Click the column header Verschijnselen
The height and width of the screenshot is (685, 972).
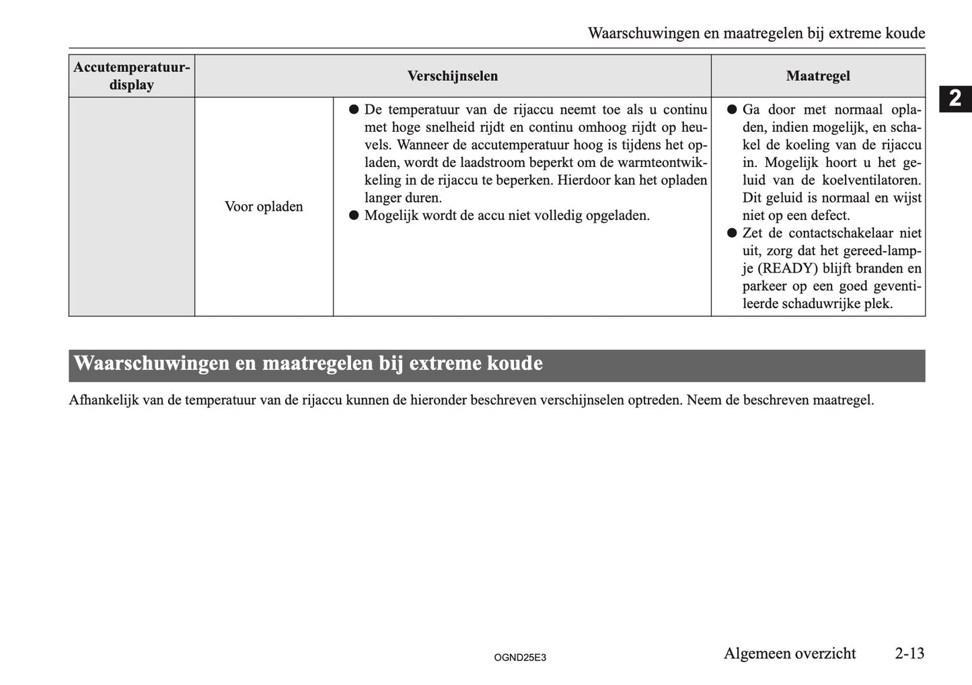[x=452, y=76]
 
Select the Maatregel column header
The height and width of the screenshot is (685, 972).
[x=817, y=76]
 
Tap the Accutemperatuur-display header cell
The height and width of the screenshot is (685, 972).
[x=132, y=76]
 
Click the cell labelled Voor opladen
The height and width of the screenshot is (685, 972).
[x=264, y=207]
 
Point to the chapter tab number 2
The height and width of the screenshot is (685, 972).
[x=955, y=99]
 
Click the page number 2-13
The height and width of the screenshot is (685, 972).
[x=909, y=653]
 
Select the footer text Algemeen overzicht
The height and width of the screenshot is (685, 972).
[x=790, y=653]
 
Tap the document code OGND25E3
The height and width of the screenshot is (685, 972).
[x=520, y=657]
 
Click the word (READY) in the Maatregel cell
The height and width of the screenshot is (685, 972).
[x=788, y=268]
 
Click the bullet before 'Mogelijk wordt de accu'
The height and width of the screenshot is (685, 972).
[x=353, y=216]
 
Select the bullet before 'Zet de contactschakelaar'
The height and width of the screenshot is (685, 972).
[x=732, y=233]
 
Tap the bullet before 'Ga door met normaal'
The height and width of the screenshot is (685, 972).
[x=732, y=110]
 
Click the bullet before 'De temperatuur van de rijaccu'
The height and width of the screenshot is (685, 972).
[x=353, y=110]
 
